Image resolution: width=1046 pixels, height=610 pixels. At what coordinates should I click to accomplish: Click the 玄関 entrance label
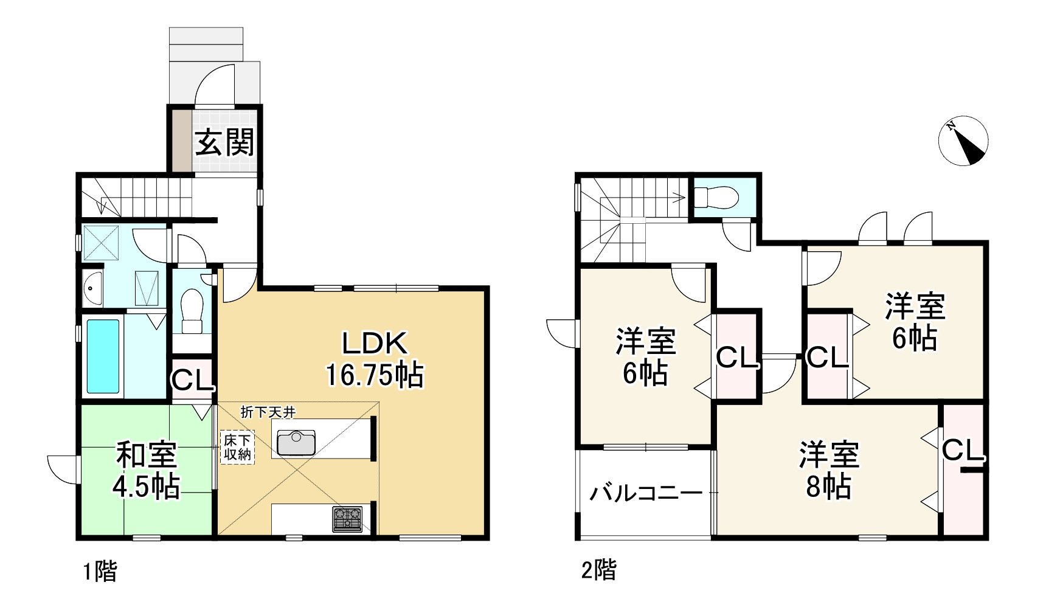click(224, 144)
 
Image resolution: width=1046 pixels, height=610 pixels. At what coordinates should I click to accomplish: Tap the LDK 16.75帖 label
click(375, 359)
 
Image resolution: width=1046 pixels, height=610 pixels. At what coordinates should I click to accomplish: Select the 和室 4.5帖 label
click(147, 471)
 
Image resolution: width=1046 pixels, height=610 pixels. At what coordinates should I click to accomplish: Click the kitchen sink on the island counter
click(296, 442)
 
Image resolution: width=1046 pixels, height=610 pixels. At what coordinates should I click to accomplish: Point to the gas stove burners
click(347, 519)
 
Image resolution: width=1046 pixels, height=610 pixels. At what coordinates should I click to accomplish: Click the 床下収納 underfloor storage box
click(237, 448)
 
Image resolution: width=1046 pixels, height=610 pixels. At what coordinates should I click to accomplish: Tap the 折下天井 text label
click(268, 412)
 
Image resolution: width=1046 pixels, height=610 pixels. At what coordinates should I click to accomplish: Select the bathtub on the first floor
click(103, 356)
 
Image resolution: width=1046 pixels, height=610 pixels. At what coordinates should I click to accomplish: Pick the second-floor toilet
click(717, 197)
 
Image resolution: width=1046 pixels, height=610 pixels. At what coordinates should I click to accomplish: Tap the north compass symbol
click(963, 140)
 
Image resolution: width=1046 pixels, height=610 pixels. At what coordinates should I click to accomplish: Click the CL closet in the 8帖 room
click(963, 451)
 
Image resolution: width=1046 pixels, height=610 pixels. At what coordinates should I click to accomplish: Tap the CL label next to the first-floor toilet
click(192, 380)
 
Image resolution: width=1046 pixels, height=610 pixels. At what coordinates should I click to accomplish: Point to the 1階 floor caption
click(100, 572)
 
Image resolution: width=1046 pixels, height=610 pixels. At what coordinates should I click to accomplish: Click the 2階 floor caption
click(599, 570)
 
